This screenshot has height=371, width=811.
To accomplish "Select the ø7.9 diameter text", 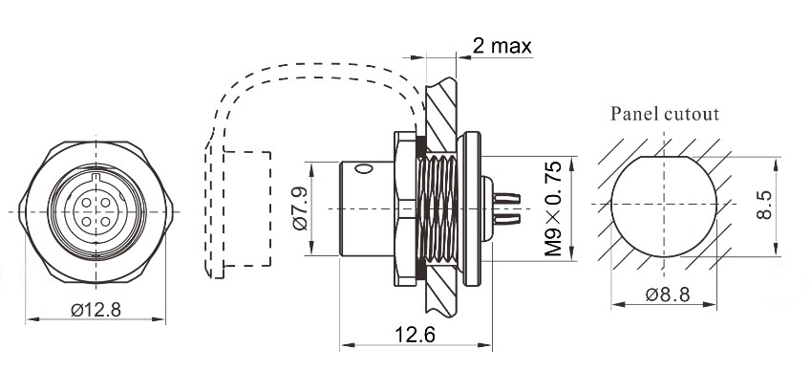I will pyautogui.click(x=298, y=209).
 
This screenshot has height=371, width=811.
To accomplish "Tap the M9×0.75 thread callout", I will pyautogui.click(x=553, y=208).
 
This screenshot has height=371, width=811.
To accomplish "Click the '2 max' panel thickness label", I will pyautogui.click(x=502, y=46).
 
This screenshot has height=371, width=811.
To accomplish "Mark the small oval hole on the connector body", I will pyautogui.click(x=362, y=169).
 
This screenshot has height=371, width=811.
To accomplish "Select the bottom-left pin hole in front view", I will pyautogui.click(x=83, y=220).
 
